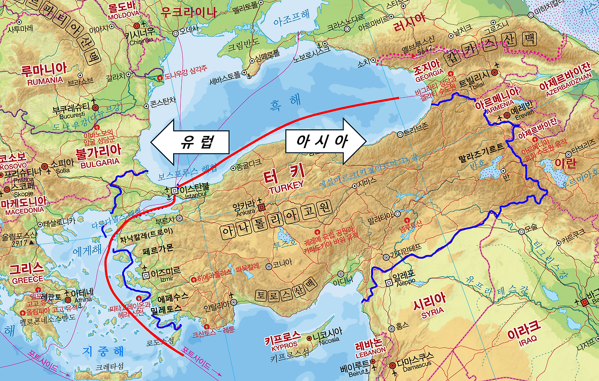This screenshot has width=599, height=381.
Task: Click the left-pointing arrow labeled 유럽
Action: click(x=190, y=141)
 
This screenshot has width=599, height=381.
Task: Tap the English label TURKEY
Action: click(x=286, y=185)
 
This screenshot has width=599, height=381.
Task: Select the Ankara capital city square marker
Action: click(x=262, y=206)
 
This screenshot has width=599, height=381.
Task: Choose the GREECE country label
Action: click(x=27, y=280)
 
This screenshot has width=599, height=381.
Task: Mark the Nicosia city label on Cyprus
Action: click(x=329, y=340)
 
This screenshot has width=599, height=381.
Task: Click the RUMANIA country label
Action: click(x=45, y=80)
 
